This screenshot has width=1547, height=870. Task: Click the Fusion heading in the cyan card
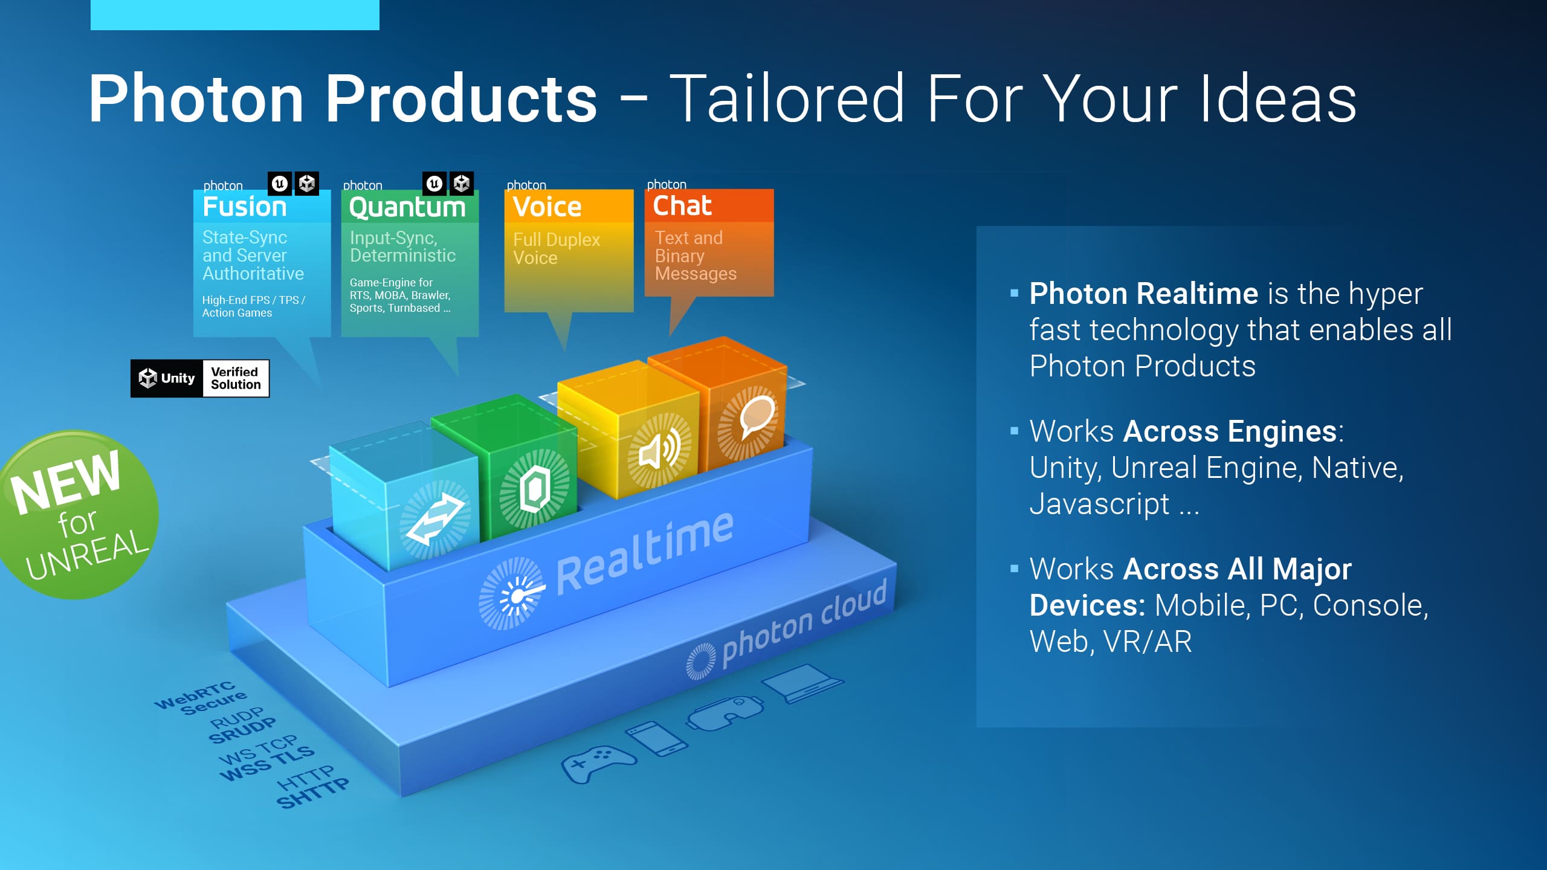click(x=245, y=207)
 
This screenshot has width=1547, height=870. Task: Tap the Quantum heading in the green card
click(x=407, y=208)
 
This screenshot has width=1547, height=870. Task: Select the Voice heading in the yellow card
click(x=547, y=207)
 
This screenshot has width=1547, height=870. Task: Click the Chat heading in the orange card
click(x=682, y=206)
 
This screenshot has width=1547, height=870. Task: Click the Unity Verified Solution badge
click(x=200, y=379)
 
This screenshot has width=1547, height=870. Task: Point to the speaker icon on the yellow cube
click(x=659, y=451)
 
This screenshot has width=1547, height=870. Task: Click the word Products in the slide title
click(x=462, y=99)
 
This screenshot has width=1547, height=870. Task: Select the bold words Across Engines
click(x=1230, y=431)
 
